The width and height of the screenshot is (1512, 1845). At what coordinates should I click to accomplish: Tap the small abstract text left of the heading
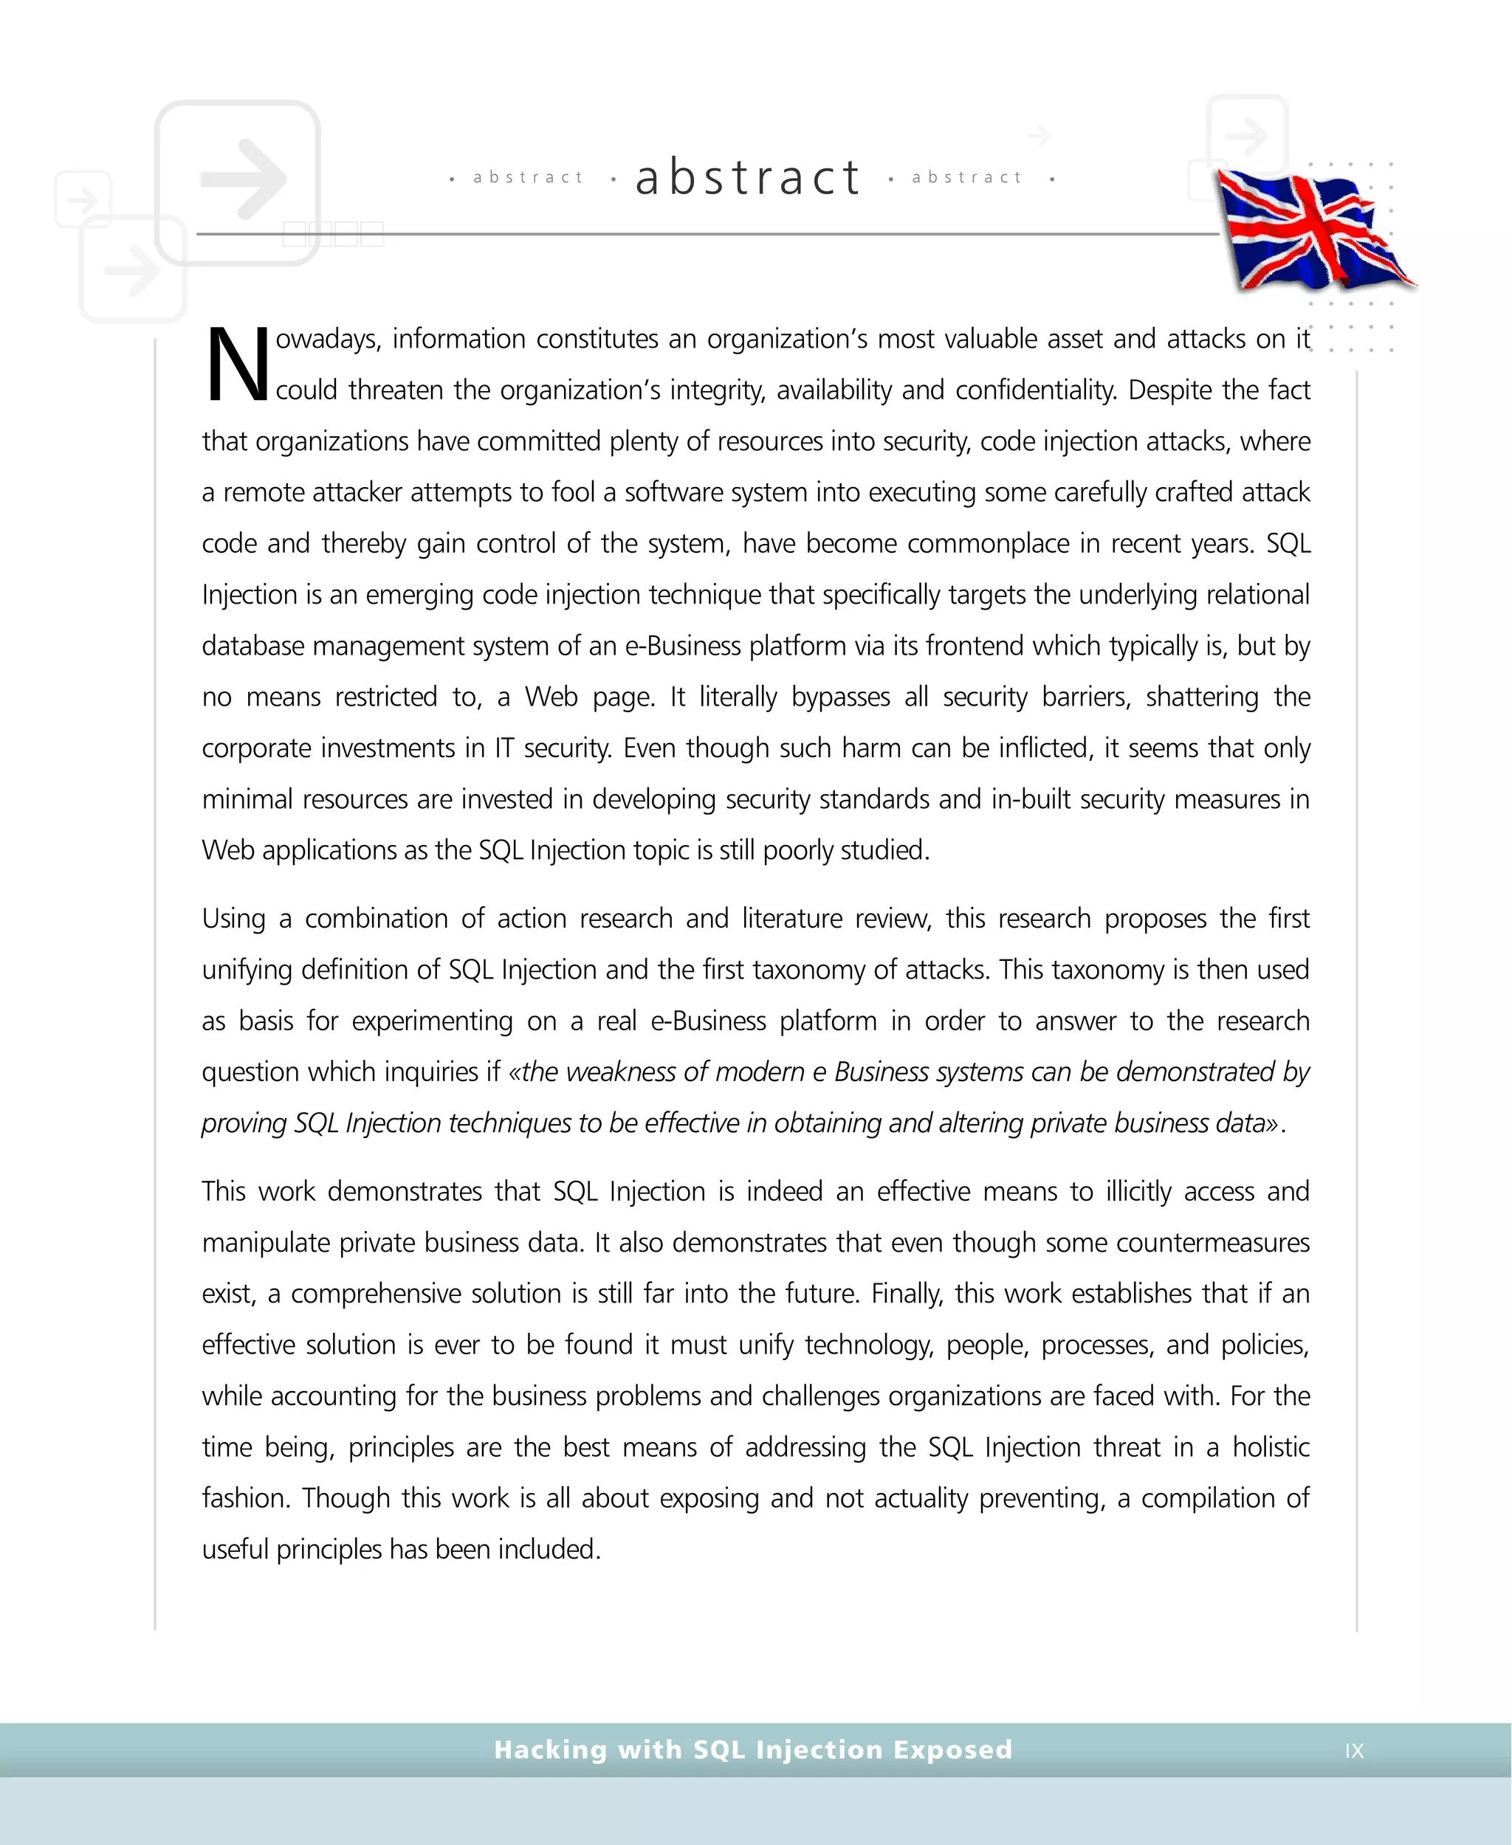click(528, 178)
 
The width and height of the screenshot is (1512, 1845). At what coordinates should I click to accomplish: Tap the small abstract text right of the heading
click(966, 178)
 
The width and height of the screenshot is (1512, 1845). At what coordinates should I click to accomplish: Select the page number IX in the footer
click(1353, 1750)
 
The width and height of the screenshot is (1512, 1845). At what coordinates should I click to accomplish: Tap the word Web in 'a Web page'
click(551, 697)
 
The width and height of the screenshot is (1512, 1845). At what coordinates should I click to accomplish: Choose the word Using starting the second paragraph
click(233, 919)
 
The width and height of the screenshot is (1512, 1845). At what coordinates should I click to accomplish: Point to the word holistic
click(1271, 1447)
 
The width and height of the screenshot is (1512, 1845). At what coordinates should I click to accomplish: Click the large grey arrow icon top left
click(243, 179)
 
